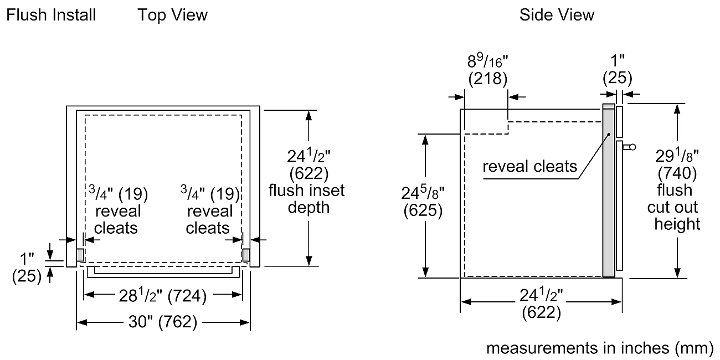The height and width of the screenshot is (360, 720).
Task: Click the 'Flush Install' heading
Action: tap(51, 15)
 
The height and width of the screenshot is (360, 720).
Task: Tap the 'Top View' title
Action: tap(173, 15)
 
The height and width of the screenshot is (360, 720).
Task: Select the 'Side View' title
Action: tap(557, 15)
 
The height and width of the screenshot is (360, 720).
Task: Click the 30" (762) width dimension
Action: tap(163, 321)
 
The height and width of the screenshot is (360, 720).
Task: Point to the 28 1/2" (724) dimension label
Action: tap(163, 295)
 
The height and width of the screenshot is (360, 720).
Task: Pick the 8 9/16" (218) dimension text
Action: tap(487, 70)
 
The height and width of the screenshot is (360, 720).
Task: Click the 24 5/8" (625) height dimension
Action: tap(423, 202)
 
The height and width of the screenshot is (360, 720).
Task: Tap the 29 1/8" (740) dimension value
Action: tap(677, 164)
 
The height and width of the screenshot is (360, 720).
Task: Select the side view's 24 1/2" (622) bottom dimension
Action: tap(541, 304)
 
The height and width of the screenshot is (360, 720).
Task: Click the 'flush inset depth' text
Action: tap(307, 199)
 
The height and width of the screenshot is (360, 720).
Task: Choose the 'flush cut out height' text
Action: tap(675, 207)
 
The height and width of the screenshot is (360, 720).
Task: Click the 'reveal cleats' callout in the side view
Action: tap(529, 167)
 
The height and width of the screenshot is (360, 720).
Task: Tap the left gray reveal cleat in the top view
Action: tap(80, 255)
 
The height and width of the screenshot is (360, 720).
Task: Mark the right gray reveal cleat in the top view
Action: tap(246, 255)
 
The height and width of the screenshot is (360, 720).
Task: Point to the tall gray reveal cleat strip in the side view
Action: tap(609, 191)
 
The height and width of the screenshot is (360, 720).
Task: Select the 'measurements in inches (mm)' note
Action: tap(599, 348)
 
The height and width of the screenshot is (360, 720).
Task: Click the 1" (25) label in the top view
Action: tap(27, 268)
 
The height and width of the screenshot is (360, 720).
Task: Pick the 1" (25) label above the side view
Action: tap(618, 69)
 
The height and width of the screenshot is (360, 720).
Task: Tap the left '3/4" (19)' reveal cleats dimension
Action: tap(119, 193)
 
